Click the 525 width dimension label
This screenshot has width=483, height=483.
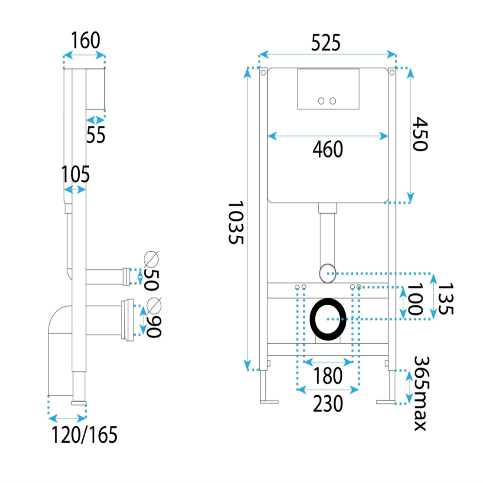pos(326,42)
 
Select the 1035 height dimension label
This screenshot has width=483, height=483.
pos(236,222)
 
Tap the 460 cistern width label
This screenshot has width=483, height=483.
pos(328,149)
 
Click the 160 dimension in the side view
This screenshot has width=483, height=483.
pos(86,40)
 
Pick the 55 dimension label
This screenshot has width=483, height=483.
pos(96,135)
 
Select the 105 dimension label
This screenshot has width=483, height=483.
pos(76,174)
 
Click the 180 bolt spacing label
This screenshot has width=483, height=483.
pos(328,376)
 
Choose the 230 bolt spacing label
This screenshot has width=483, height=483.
pos(328,403)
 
